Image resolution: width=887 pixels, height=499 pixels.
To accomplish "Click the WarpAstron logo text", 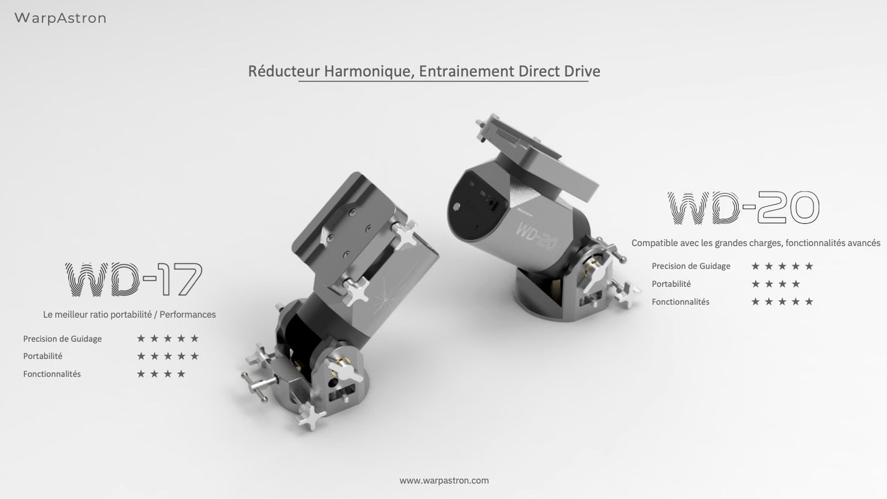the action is click(61, 18).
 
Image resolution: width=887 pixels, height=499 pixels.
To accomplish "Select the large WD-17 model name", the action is click(134, 279).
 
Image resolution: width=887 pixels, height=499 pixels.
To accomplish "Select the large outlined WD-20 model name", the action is click(743, 208).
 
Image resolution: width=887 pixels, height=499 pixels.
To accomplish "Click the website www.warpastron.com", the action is click(444, 481).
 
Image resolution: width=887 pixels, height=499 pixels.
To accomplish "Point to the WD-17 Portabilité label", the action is click(43, 356).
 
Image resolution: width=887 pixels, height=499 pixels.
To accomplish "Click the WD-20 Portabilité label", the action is click(671, 284).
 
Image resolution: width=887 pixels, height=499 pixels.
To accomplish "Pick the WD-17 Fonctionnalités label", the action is click(52, 374).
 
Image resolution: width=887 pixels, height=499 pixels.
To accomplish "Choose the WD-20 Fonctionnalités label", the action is click(680, 302).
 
